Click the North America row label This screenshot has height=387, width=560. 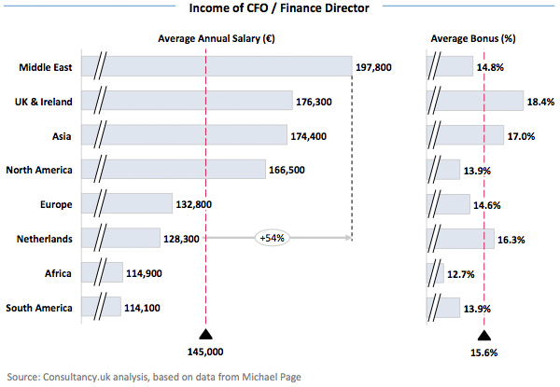click(x=39, y=170)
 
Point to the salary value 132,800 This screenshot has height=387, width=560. click(x=192, y=204)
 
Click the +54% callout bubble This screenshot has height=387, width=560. click(x=271, y=239)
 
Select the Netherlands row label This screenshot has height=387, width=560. click(x=45, y=239)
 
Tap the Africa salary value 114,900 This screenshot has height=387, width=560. click(x=145, y=273)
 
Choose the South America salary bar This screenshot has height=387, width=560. click(x=101, y=307)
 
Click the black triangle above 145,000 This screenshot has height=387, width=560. click(x=205, y=333)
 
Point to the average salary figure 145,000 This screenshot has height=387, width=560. click(x=205, y=352)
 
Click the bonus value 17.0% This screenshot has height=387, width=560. click(x=521, y=136)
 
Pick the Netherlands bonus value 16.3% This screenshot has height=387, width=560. click(x=511, y=240)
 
